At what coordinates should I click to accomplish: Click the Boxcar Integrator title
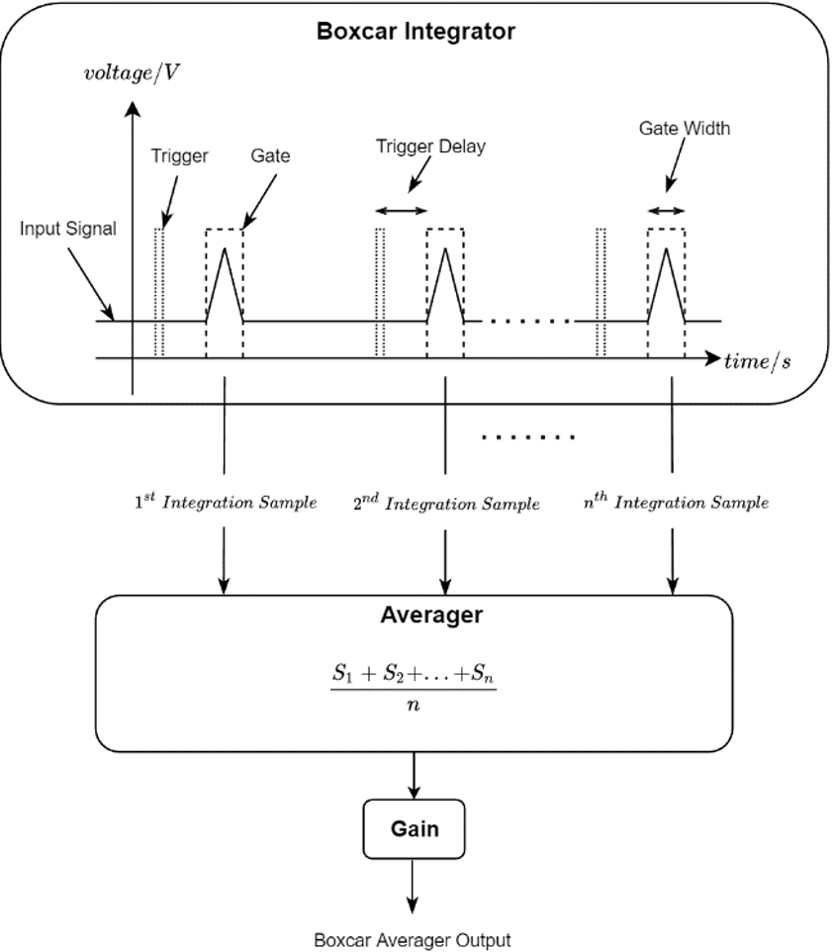(x=416, y=31)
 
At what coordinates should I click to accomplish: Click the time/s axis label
(x=758, y=360)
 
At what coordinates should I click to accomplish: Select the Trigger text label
(x=179, y=155)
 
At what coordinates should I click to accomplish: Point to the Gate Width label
(x=684, y=129)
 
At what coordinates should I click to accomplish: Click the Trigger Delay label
(x=430, y=146)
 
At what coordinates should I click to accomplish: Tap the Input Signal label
(x=67, y=229)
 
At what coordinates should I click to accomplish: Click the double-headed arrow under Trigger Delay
(x=402, y=210)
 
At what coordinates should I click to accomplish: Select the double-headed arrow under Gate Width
(x=666, y=210)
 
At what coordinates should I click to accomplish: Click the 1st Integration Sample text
(x=226, y=503)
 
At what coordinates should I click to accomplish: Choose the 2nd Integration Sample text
(x=446, y=504)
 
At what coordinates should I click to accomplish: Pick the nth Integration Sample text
(x=676, y=503)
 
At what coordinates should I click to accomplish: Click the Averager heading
(x=431, y=615)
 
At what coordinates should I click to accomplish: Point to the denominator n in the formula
(x=414, y=707)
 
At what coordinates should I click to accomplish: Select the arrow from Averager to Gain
(x=414, y=775)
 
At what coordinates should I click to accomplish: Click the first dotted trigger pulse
(x=159, y=291)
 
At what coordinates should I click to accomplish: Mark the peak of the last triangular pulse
(x=666, y=247)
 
